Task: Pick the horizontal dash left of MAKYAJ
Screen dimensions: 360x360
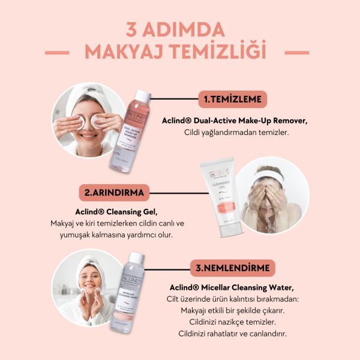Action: click(x=66, y=53)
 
